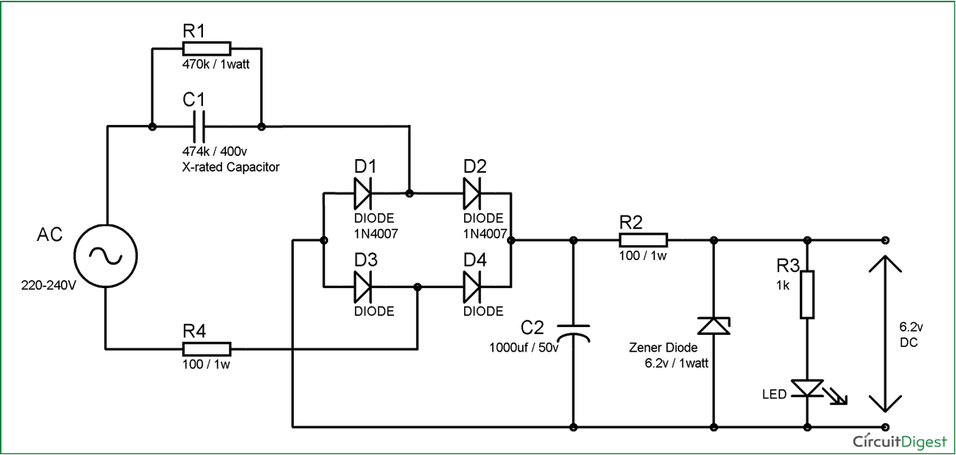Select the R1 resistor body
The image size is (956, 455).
click(x=206, y=48)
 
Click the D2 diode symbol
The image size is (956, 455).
click(x=474, y=192)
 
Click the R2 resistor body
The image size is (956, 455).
click(x=643, y=239)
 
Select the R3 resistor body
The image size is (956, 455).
click(x=808, y=294)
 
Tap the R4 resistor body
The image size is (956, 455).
click(x=206, y=348)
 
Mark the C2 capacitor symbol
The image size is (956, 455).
click(x=573, y=332)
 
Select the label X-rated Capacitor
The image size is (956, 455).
click(x=232, y=167)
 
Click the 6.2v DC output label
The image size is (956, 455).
click(x=911, y=333)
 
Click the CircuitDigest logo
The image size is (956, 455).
click(x=899, y=440)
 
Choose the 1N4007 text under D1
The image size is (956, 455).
click(x=375, y=234)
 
